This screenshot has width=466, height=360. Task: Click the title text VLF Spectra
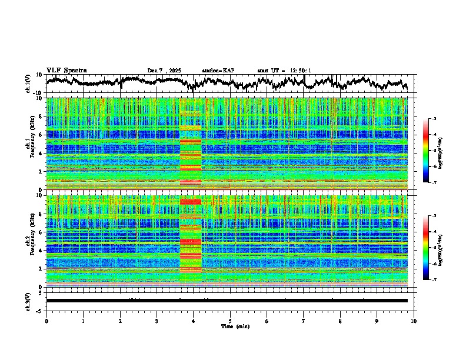coord(66,70)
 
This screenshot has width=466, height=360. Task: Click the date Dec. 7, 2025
coord(164,71)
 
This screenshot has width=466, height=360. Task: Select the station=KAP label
coord(218,71)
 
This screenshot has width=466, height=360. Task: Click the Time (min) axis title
coord(230,326)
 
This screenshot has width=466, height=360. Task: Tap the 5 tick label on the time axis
coord(230,321)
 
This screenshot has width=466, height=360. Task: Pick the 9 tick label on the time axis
coord(377,321)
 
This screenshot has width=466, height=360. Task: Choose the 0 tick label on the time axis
coord(46,321)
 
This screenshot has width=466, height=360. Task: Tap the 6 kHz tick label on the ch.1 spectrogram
coord(41,135)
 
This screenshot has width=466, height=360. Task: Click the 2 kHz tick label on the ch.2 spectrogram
coord(41,269)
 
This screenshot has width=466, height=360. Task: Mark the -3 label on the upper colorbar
coord(435,119)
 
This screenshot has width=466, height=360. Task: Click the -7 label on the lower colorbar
coord(435,280)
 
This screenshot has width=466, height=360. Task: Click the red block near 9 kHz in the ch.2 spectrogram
coord(190,202)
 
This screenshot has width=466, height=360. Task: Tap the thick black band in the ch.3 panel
coord(227,301)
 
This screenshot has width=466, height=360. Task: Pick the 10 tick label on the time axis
coord(414,321)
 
